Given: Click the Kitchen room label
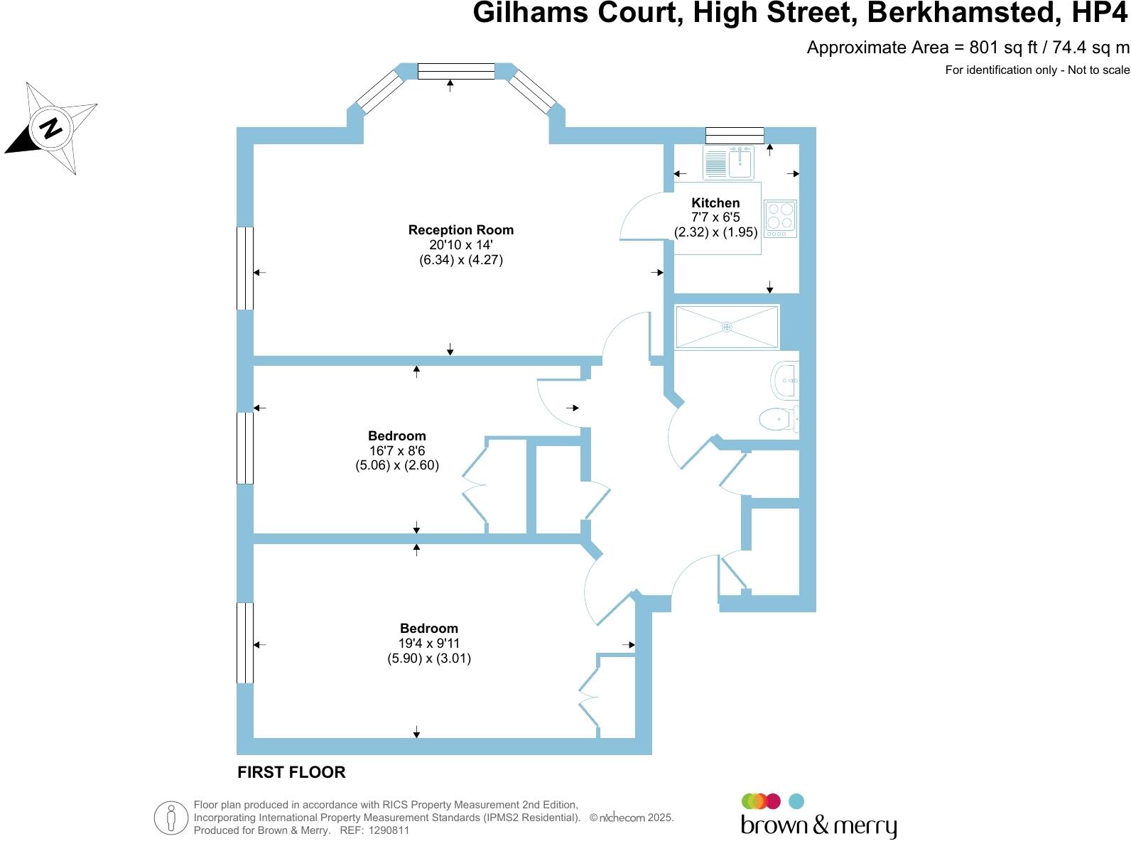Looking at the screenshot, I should pyautogui.click(x=715, y=203).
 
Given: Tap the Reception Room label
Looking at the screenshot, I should pyautogui.click(x=460, y=230).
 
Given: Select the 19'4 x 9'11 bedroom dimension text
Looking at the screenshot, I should pyautogui.click(x=428, y=644).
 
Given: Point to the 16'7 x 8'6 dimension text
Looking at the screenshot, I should pyautogui.click(x=396, y=451).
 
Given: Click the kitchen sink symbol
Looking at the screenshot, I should pyautogui.click(x=729, y=163).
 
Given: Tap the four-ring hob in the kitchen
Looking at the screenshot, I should pyautogui.click(x=780, y=219).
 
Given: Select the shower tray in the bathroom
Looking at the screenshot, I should pyautogui.click(x=727, y=327).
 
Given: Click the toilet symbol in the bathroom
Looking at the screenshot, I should pyautogui.click(x=779, y=419).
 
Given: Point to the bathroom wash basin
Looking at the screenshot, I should pyautogui.click(x=786, y=381).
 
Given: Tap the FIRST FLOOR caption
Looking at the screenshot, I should pyautogui.click(x=291, y=772).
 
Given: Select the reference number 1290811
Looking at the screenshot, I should pyautogui.click(x=386, y=830).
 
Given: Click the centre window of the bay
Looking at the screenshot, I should pyautogui.click(x=456, y=71).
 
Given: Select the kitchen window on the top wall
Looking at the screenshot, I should pyautogui.click(x=735, y=135).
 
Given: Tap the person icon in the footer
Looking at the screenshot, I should pyautogui.click(x=171, y=818).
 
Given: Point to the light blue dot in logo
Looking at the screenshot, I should pyautogui.click(x=796, y=801).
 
